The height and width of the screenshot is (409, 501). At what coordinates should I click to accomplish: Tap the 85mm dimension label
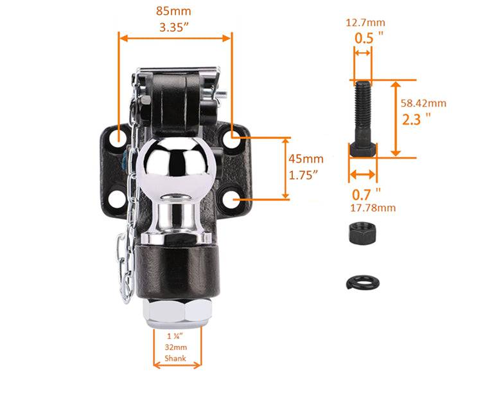click(173, 12)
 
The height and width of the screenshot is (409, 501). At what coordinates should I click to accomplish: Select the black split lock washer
click(362, 281)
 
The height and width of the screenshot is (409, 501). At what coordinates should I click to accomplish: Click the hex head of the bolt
click(363, 150)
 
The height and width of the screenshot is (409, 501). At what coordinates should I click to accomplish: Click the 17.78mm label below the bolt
click(372, 207)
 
